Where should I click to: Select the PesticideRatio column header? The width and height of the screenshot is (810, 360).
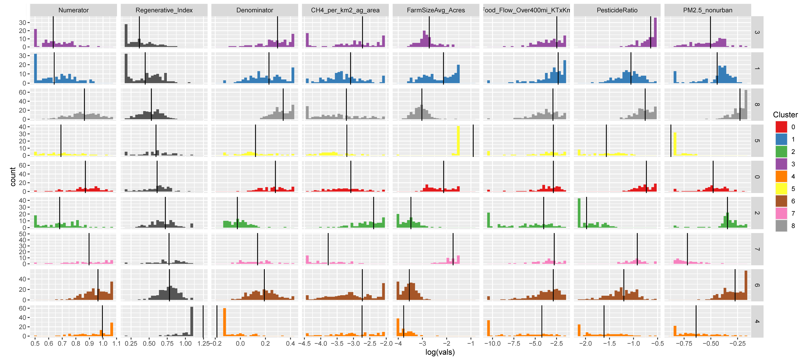[x=617, y=10]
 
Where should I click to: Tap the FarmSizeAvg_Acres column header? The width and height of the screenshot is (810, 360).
[x=436, y=10]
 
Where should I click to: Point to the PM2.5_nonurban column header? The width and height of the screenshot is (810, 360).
[x=708, y=10]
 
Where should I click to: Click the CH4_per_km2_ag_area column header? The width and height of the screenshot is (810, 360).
[x=345, y=10]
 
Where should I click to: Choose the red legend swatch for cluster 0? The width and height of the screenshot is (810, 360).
[x=781, y=127]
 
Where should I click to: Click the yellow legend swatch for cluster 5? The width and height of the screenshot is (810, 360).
[x=781, y=189]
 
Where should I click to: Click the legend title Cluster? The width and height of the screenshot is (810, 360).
[x=785, y=115]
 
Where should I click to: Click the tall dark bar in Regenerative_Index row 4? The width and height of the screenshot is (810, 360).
[x=192, y=321]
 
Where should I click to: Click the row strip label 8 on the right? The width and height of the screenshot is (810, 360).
[x=757, y=104]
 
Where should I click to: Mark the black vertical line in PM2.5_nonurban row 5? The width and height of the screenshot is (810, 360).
[x=671, y=141]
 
